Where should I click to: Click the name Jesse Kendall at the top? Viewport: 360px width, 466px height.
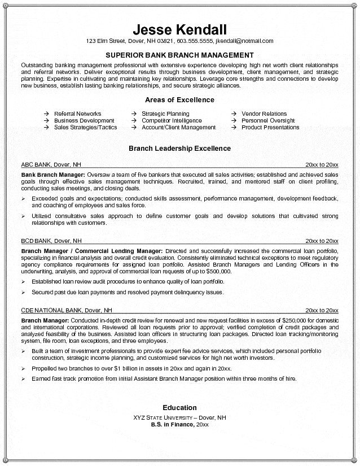(x=179, y=29)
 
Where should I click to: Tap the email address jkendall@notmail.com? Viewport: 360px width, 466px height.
(x=244, y=41)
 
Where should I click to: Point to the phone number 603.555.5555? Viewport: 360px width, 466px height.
(x=195, y=41)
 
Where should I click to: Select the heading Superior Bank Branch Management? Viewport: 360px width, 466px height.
(x=179, y=55)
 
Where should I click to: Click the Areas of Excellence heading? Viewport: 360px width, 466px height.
(x=179, y=100)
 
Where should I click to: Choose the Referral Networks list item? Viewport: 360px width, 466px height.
(x=77, y=114)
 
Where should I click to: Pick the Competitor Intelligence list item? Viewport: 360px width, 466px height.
(x=172, y=120)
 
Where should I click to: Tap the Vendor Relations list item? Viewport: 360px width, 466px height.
(x=264, y=114)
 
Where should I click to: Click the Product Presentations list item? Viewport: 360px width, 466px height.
(x=270, y=127)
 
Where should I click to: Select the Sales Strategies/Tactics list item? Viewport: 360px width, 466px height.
(x=85, y=127)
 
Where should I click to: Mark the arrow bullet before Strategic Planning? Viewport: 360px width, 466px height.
(x=134, y=114)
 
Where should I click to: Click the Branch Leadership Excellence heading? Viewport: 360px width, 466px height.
(x=179, y=149)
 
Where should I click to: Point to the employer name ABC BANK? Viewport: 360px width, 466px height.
(x=36, y=164)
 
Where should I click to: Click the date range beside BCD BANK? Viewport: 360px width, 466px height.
(x=322, y=240)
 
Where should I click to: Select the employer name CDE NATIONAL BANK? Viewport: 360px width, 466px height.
(x=51, y=310)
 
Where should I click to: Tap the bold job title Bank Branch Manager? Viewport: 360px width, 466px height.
(x=53, y=175)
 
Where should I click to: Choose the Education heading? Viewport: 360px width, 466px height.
(x=179, y=407)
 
